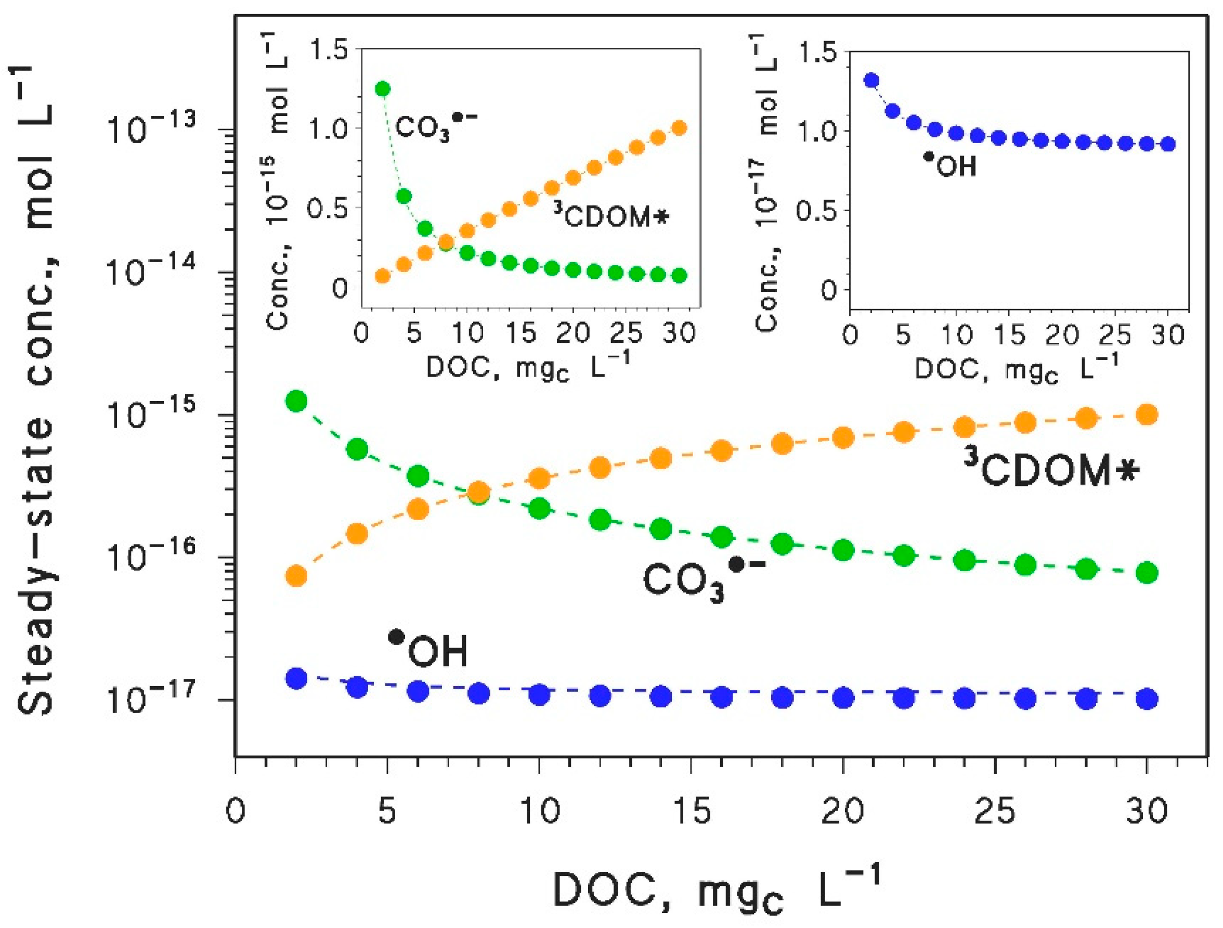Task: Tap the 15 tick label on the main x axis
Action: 692,812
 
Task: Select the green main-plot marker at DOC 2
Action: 296,401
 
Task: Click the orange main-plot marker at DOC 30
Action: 1147,415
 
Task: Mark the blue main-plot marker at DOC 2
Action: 296,678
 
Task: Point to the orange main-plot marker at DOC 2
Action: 296,576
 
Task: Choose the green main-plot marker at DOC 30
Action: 1147,573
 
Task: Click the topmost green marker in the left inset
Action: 383,88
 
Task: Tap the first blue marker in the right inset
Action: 872,81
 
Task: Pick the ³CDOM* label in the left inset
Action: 611,217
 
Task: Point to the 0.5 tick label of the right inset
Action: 816,211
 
